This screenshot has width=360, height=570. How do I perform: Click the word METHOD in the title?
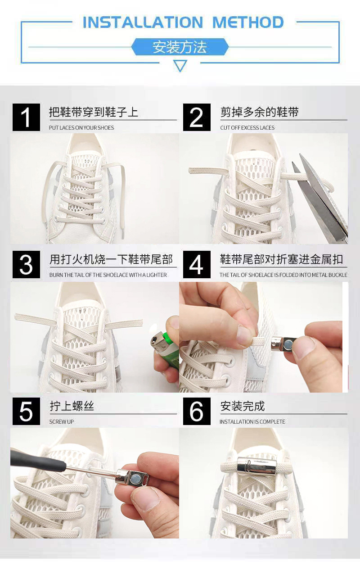(248, 22)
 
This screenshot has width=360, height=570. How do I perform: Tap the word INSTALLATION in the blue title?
(143, 22)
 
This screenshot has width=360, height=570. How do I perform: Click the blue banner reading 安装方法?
(180, 47)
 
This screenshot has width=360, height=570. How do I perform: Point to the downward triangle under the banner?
(180, 66)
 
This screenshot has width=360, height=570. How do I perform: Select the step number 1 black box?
(26, 118)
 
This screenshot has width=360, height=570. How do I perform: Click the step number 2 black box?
(197, 118)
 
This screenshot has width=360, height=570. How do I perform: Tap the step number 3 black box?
(26, 264)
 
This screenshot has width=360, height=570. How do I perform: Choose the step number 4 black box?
(197, 264)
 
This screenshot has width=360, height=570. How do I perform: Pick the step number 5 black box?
(26, 411)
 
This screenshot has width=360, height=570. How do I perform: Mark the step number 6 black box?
(197, 411)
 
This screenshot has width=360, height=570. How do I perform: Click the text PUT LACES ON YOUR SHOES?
(81, 128)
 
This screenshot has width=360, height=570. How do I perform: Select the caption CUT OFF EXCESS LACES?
(247, 128)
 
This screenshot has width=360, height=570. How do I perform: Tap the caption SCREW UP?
(62, 422)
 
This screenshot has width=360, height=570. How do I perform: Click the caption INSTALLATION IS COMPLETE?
(252, 422)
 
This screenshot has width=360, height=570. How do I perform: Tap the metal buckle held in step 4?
(284, 344)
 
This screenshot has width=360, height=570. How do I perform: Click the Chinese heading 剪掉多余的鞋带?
(260, 112)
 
